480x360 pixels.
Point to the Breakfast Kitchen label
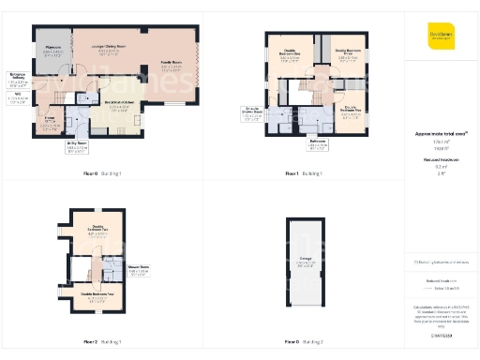pyautogui.click(x=119, y=106)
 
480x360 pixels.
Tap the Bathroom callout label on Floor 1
pyautogui.click(x=317, y=143)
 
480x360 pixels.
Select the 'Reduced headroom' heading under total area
pyautogui.click(x=440, y=160)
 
